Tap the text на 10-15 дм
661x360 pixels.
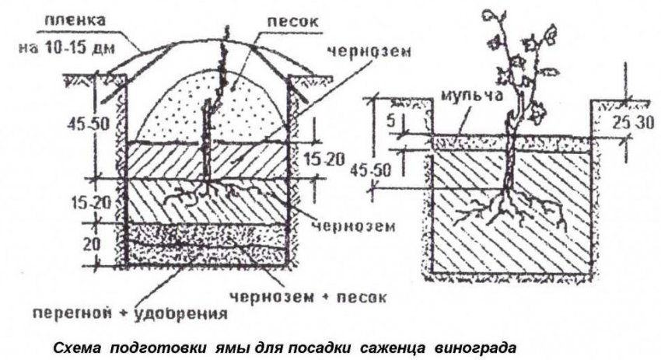(x=67, y=47)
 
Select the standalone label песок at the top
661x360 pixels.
(x=292, y=22)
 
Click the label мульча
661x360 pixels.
(x=472, y=96)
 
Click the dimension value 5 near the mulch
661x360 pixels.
(x=391, y=121)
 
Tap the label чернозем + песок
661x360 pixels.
(x=308, y=296)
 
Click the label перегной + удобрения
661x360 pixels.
(x=131, y=313)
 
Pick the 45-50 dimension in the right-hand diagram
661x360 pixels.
(x=371, y=170)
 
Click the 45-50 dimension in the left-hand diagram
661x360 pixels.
(x=89, y=124)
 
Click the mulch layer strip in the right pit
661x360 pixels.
(x=512, y=144)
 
